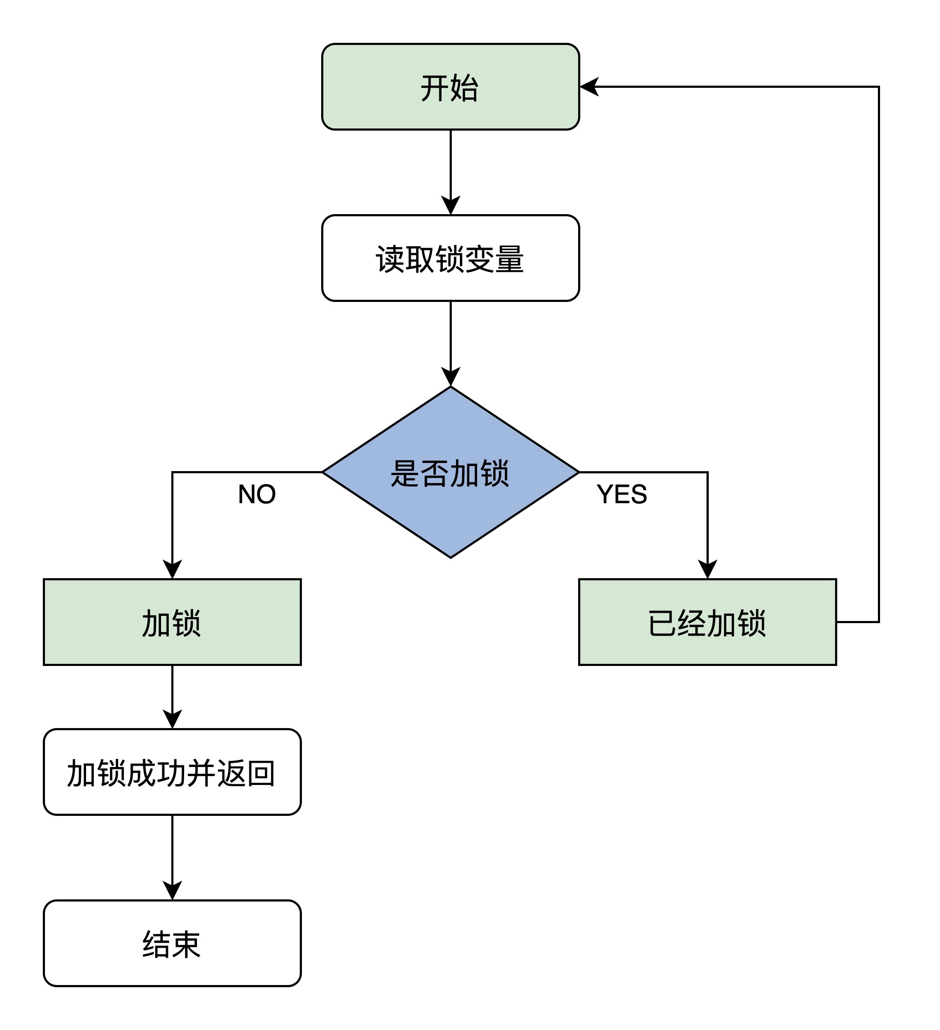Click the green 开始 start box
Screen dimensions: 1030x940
coord(450,87)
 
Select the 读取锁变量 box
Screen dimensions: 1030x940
coord(450,258)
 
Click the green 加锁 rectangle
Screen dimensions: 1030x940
coord(172,622)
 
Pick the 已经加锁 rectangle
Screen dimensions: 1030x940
coord(707,622)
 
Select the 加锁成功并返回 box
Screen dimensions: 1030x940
coord(172,772)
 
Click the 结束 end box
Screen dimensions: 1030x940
coord(172,943)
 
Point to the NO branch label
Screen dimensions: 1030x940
coord(257,494)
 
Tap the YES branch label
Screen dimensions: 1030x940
coord(622,494)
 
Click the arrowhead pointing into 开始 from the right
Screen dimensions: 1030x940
coord(588,87)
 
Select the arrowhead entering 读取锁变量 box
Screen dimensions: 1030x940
coord(450,206)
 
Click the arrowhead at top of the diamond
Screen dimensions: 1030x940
coord(450,376)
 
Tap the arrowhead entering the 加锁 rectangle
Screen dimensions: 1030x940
coord(172,569)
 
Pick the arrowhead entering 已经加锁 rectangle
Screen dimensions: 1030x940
coord(707,569)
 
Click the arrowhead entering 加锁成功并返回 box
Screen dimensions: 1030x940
coord(172,719)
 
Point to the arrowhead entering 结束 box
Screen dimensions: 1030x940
coord(172,890)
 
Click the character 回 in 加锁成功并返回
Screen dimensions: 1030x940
coord(261,773)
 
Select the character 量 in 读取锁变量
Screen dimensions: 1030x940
coord(509,259)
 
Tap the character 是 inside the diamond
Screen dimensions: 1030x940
coord(405,473)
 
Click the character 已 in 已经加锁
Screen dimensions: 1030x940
coord(662,623)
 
